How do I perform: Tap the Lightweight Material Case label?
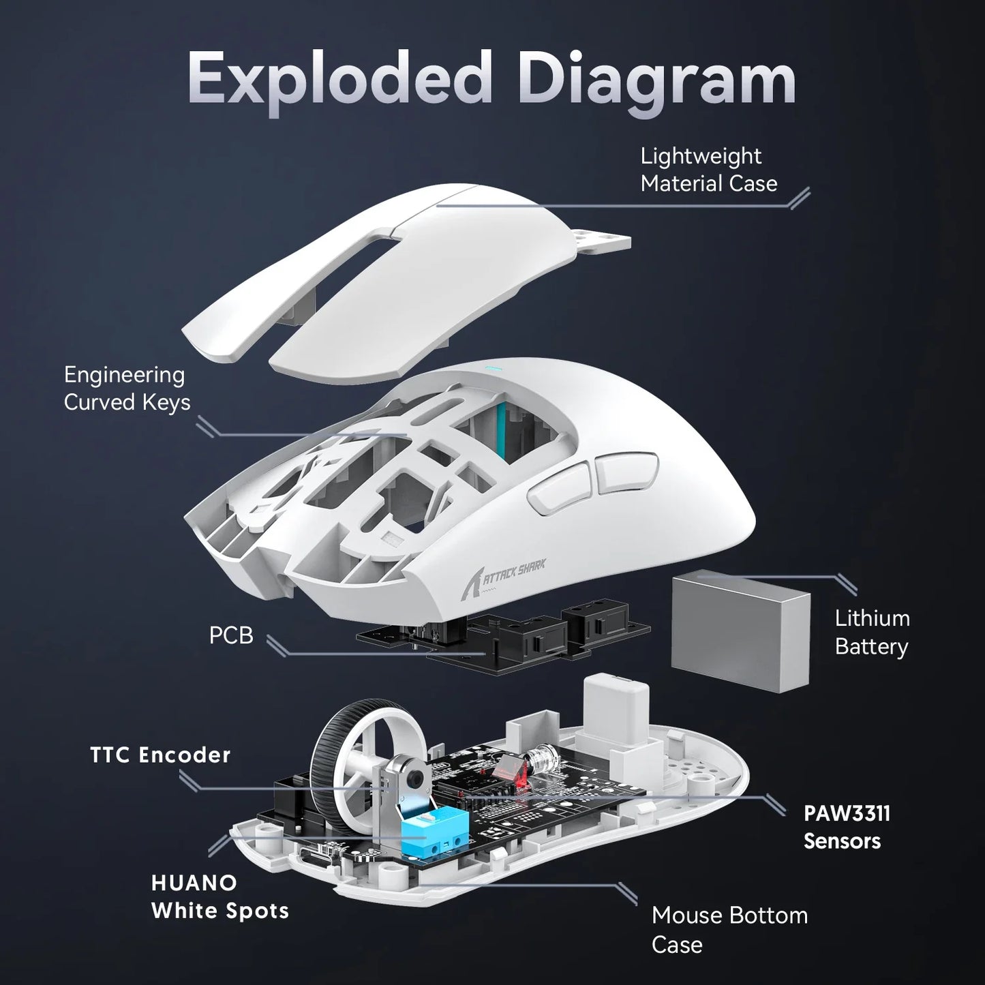point(708,170)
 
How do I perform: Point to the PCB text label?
point(231,635)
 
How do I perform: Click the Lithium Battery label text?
point(872,633)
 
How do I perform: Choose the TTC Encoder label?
point(161,755)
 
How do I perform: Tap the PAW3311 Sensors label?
point(846,827)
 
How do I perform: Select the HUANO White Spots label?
point(219,896)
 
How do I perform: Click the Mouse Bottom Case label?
point(729,929)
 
